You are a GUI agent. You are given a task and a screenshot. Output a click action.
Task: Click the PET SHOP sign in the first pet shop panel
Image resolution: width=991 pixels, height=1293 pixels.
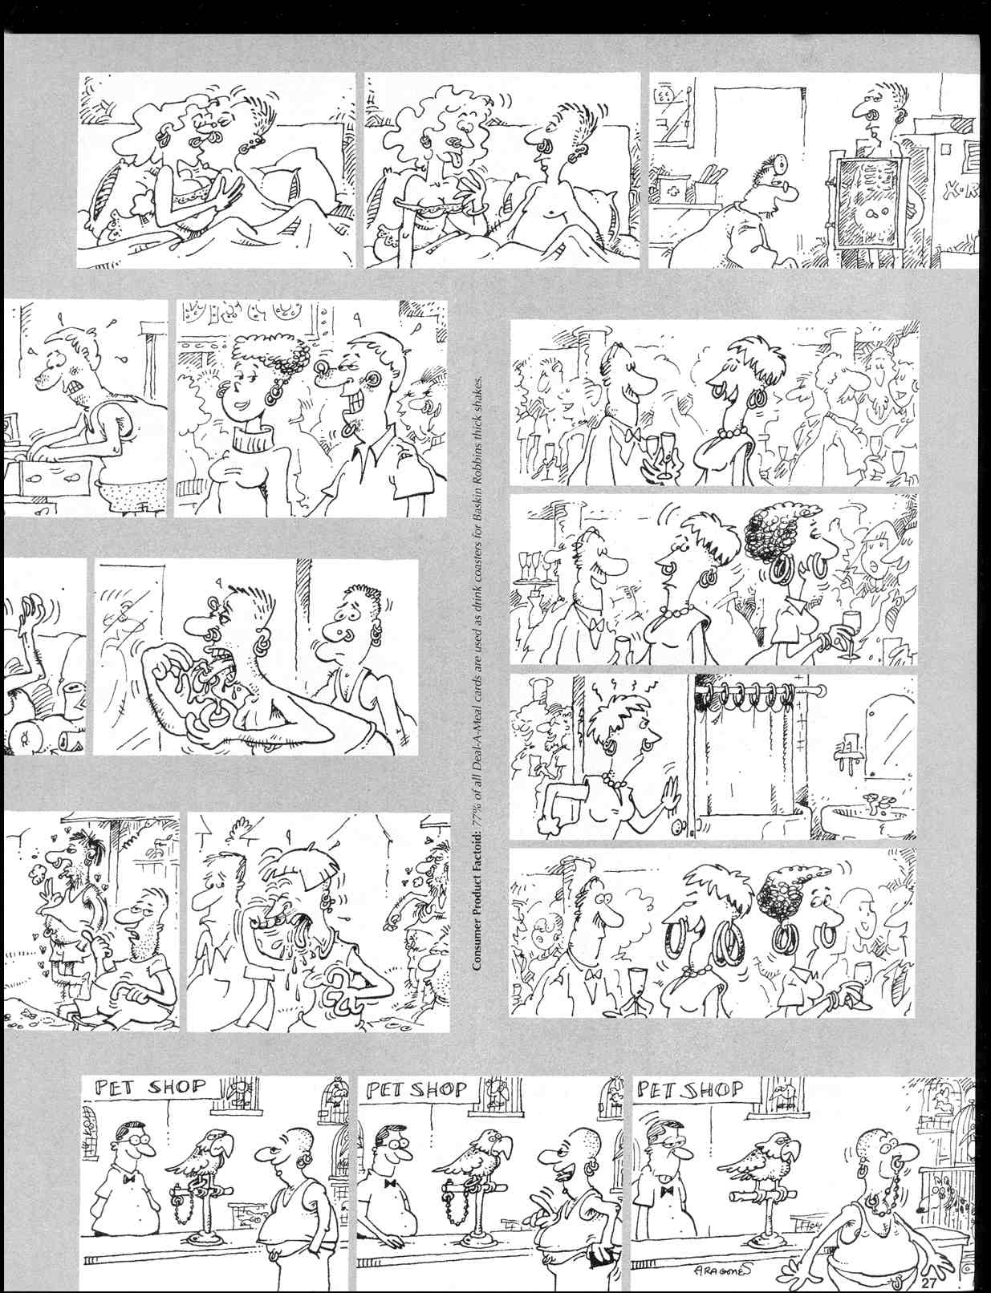(x=149, y=1088)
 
